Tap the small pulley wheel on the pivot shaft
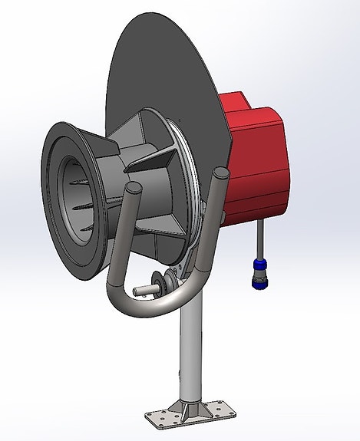pyautogui.click(x=160, y=282)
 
